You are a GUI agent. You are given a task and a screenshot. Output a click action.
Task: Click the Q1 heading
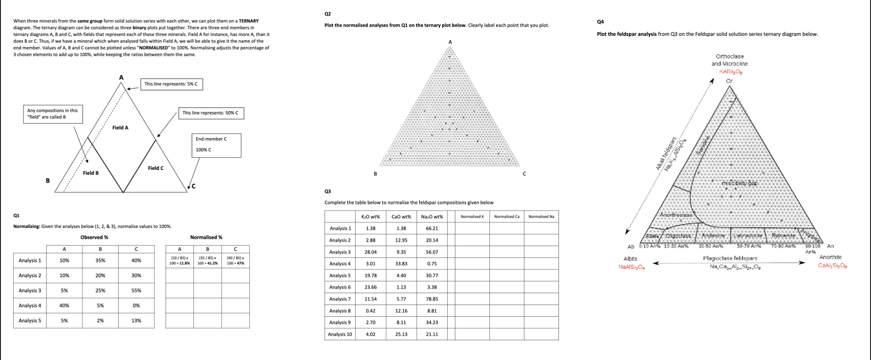[x=16, y=216]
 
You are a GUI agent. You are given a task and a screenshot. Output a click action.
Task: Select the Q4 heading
[x=601, y=22]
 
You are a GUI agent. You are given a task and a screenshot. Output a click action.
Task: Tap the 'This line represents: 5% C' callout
[x=171, y=84]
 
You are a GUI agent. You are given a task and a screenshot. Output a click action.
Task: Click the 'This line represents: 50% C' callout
[x=210, y=113]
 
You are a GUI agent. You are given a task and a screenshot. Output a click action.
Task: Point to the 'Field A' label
[x=120, y=128]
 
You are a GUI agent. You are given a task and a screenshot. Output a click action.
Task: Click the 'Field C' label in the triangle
[x=156, y=168]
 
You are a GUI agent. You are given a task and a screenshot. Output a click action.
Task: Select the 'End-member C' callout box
[x=216, y=145]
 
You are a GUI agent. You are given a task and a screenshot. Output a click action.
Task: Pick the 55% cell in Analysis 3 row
[x=136, y=291]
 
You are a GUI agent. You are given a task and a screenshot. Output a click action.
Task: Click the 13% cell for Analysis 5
[x=136, y=320]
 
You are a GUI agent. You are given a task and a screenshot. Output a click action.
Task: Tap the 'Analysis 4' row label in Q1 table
[x=30, y=306]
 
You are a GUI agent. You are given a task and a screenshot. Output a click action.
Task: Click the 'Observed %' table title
[x=94, y=238]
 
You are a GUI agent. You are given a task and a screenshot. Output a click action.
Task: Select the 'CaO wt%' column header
[x=401, y=216]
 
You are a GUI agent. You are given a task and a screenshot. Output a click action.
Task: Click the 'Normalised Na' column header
[x=541, y=216]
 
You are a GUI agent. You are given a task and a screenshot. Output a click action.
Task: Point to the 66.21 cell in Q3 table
[x=432, y=228]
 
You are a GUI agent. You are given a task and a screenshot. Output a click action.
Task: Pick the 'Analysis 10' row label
[x=340, y=334]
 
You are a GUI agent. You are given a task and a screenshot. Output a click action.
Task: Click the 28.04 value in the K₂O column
[x=371, y=252]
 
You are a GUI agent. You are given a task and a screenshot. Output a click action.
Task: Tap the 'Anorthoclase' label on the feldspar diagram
[x=676, y=215]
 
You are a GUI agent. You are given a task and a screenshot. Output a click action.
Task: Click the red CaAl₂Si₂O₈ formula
[x=832, y=266]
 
